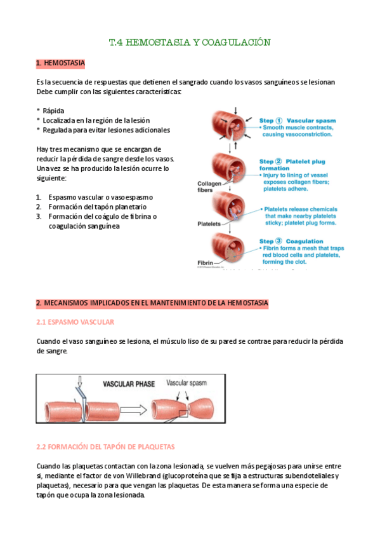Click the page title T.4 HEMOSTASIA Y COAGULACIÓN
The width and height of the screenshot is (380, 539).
190,43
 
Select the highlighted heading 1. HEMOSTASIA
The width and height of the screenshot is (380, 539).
61,64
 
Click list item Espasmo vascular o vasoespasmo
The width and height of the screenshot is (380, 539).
100,197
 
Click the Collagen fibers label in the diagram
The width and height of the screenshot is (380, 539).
209,187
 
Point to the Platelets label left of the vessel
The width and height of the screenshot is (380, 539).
209,224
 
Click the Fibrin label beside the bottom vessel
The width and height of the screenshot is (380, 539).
206,263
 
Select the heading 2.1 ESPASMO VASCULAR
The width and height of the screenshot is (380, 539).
75,322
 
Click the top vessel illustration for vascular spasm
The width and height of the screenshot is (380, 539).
235,126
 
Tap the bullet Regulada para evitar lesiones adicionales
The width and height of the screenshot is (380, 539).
106,130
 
